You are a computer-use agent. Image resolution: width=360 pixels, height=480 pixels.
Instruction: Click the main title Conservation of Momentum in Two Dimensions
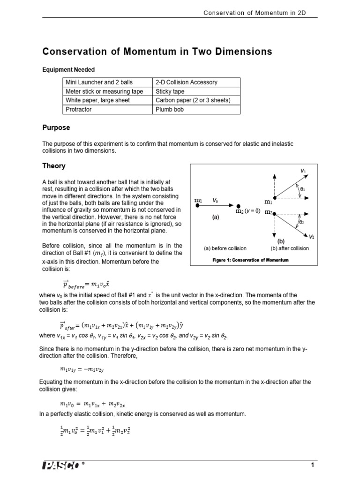pyautogui.click(x=157, y=51)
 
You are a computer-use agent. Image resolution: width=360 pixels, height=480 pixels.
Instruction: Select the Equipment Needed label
pyautogui.click(x=68, y=70)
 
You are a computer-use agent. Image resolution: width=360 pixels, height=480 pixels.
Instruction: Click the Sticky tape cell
pyautogui.click(x=170, y=91)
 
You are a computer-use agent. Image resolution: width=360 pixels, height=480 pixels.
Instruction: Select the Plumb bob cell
pyautogui.click(x=170, y=109)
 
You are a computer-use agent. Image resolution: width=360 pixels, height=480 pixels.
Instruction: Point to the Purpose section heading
pyautogui.click(x=56, y=127)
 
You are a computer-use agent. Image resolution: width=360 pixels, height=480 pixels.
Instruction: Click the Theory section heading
pyautogui.click(x=54, y=166)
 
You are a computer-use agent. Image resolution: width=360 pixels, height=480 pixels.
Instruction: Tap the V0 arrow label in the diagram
pyautogui.click(x=215, y=200)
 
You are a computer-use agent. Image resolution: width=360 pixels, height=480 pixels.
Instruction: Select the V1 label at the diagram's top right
pyautogui.click(x=303, y=171)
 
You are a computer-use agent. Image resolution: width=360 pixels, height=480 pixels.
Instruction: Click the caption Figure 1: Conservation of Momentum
pyautogui.click(x=251, y=260)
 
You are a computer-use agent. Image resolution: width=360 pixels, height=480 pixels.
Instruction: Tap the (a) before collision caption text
pyautogui.click(x=225, y=248)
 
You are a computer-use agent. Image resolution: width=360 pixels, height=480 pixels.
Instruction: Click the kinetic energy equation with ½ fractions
pyautogui.click(x=94, y=429)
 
